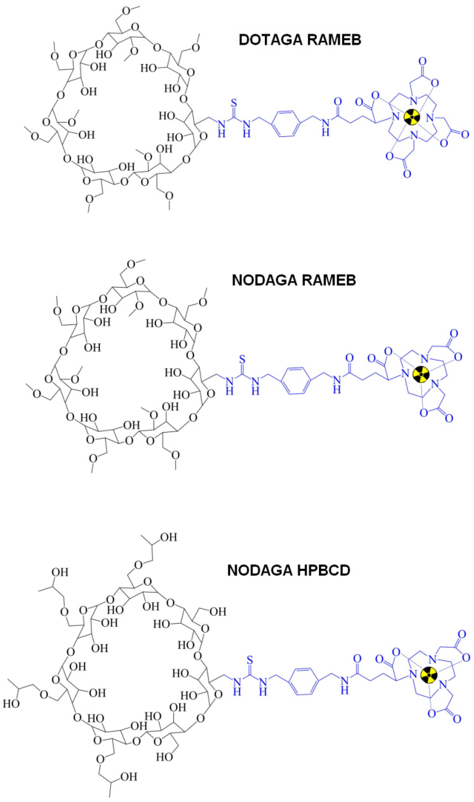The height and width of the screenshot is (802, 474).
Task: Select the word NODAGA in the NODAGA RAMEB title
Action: [262, 280]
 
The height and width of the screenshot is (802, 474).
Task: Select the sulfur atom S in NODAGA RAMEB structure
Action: [242, 360]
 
